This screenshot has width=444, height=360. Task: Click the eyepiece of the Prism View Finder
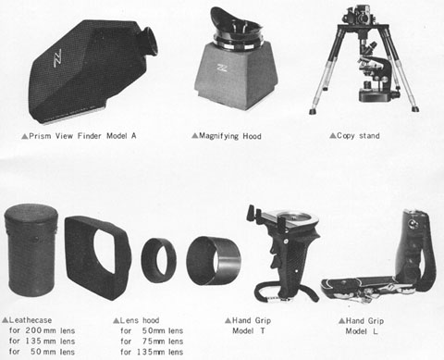pyautogui.click(x=148, y=42)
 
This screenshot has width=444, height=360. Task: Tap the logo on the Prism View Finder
pyautogui.click(x=57, y=57)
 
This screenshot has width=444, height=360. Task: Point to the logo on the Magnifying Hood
pyautogui.click(x=222, y=68)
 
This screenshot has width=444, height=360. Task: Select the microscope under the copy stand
pyautogui.click(x=377, y=74)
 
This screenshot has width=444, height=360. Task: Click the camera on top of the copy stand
pyautogui.click(x=361, y=15)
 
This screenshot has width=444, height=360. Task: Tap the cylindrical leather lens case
pyautogui.click(x=31, y=250)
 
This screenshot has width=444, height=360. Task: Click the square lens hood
pyautogui.click(x=98, y=257)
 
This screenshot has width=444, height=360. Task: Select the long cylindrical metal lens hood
pyautogui.click(x=214, y=261)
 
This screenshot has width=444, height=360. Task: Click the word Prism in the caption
pyautogui.click(x=40, y=136)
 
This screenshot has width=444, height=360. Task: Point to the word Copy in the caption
pyautogui.click(x=346, y=136)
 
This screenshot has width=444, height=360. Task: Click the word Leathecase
pyautogui.click(x=31, y=320)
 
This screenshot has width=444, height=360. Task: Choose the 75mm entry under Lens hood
pyautogui.click(x=163, y=341)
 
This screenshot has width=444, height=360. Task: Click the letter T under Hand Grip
pyautogui.click(x=263, y=331)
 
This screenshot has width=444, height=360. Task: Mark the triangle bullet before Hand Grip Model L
pyautogui.click(x=341, y=321)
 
